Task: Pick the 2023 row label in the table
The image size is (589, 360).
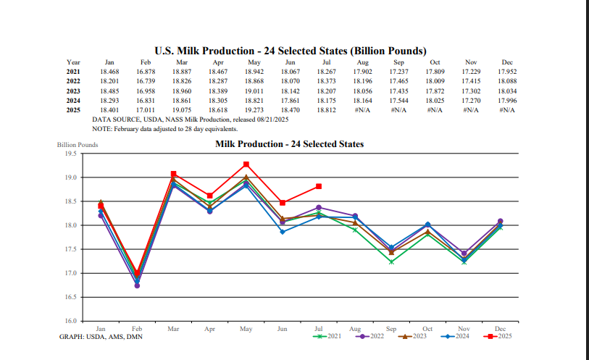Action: click(x=73, y=91)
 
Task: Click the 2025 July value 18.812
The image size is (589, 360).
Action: click(x=325, y=109)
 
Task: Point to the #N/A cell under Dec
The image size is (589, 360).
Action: click(x=507, y=109)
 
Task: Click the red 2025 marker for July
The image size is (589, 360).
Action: click(x=319, y=186)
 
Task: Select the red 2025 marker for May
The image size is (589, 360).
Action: click(x=246, y=164)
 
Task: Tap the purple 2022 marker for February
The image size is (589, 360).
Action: click(x=137, y=285)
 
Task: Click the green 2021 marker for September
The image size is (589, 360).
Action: click(x=391, y=261)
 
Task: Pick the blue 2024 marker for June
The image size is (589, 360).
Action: click(x=283, y=232)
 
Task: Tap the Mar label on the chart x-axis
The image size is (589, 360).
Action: click(x=173, y=329)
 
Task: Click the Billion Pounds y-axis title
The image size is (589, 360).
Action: click(x=77, y=145)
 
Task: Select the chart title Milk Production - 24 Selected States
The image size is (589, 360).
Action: click(x=289, y=144)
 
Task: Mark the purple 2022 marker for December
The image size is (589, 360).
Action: click(x=500, y=221)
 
